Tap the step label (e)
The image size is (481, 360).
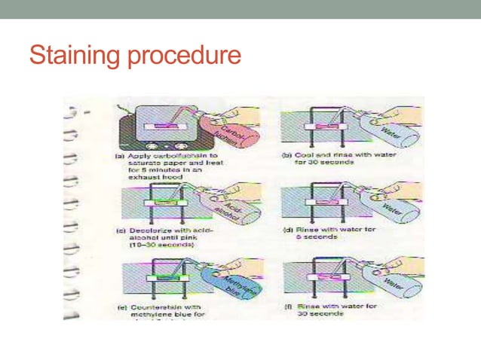[110, 307]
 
